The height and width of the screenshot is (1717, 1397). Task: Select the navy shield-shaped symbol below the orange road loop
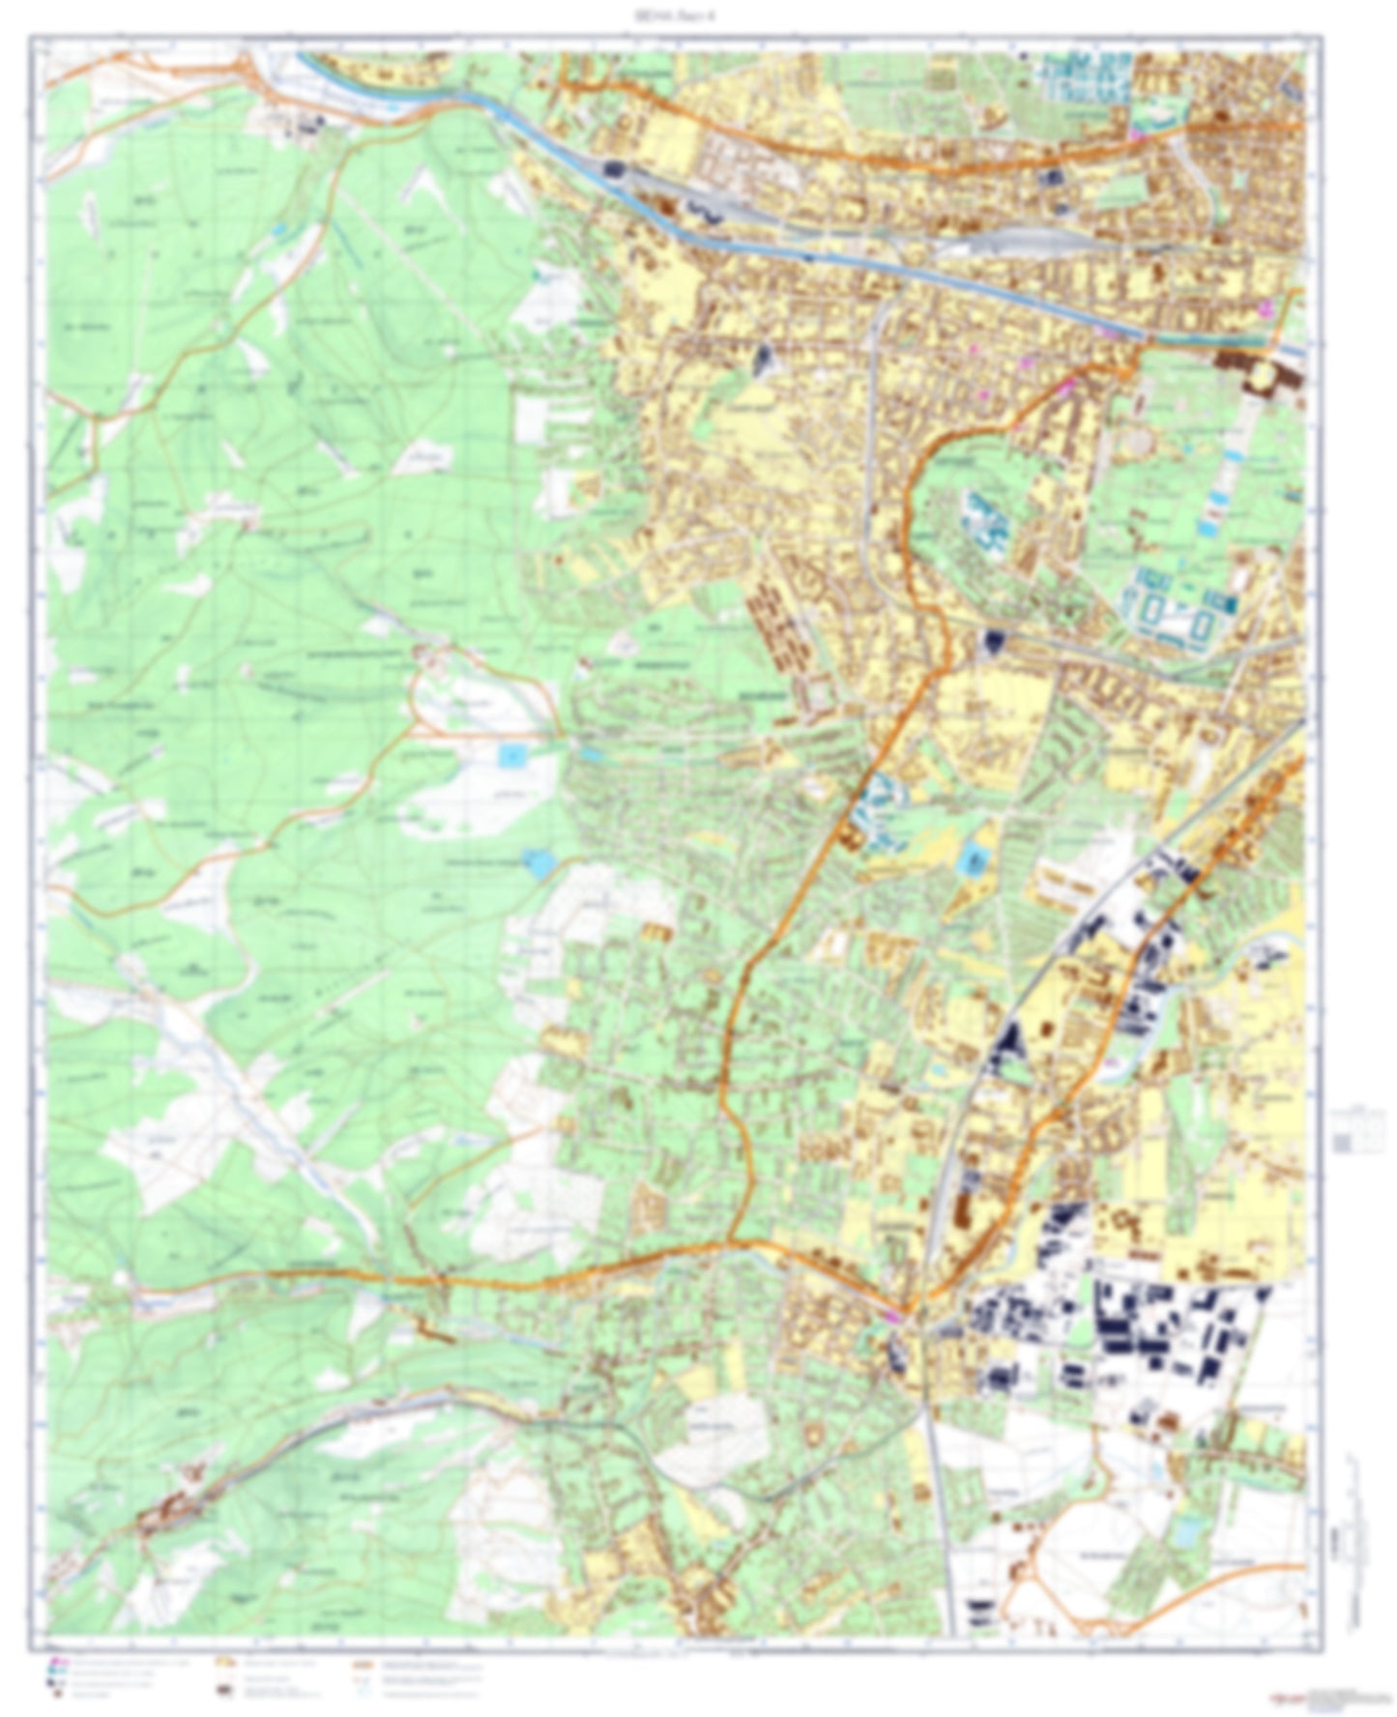coord(994,639)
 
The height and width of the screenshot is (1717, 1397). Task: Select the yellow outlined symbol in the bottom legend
coord(224,1663)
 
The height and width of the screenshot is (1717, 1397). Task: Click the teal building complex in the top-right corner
coord(1083,77)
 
